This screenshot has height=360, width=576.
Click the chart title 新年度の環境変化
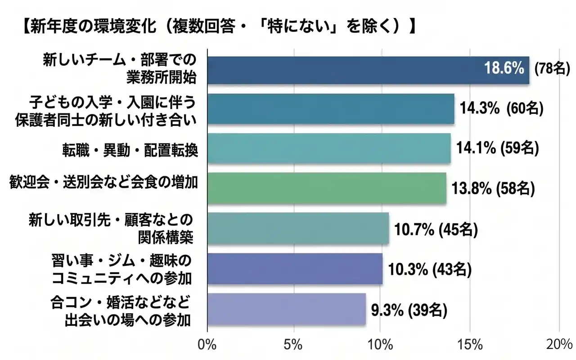[x=216, y=26]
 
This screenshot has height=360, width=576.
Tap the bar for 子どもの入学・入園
[x=331, y=109]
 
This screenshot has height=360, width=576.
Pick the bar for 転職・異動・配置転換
[x=329, y=148]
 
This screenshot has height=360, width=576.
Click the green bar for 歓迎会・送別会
[x=327, y=188]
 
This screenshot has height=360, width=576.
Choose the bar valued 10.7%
[x=298, y=228]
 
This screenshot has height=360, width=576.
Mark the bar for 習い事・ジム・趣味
[x=295, y=269]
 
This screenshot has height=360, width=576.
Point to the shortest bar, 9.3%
[x=287, y=309]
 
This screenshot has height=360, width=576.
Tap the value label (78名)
[x=552, y=69]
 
